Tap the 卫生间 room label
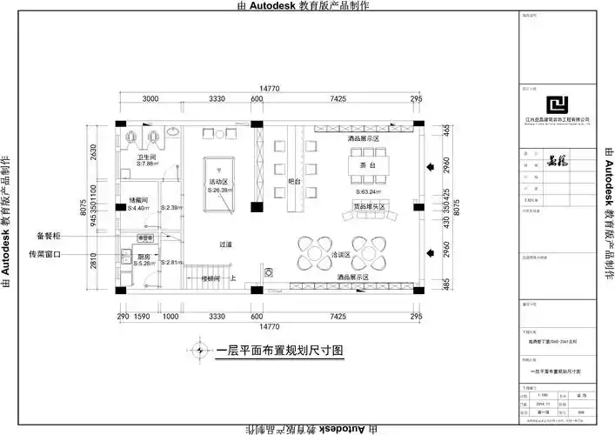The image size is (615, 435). tap(145, 157)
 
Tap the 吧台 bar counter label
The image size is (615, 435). tap(294, 182)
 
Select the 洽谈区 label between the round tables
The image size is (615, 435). tap(340, 255)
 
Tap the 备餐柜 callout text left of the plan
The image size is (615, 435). tap(49, 236)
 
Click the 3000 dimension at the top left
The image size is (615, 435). tap(150, 99)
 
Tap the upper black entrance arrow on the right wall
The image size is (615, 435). tap(429, 164)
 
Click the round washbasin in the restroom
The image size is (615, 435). tap(174, 132)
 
